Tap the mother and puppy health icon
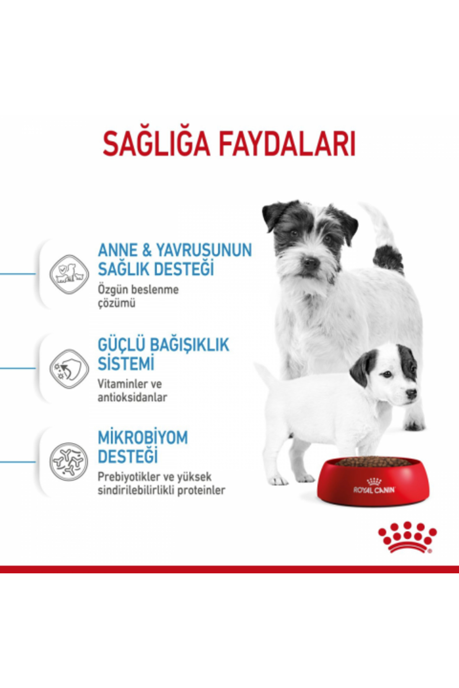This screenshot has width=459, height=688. point(69,274)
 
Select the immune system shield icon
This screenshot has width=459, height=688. point(69,368)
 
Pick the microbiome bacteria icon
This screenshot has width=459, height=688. point(69,462)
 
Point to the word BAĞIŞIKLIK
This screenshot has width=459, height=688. point(189,345)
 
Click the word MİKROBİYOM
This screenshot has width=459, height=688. point(143,438)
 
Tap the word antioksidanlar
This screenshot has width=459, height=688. point(132,398)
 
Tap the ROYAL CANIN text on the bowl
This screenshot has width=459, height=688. point(374,490)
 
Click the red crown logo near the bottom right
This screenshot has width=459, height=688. point(407,537)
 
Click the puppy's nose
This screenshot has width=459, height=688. point(411,394)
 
